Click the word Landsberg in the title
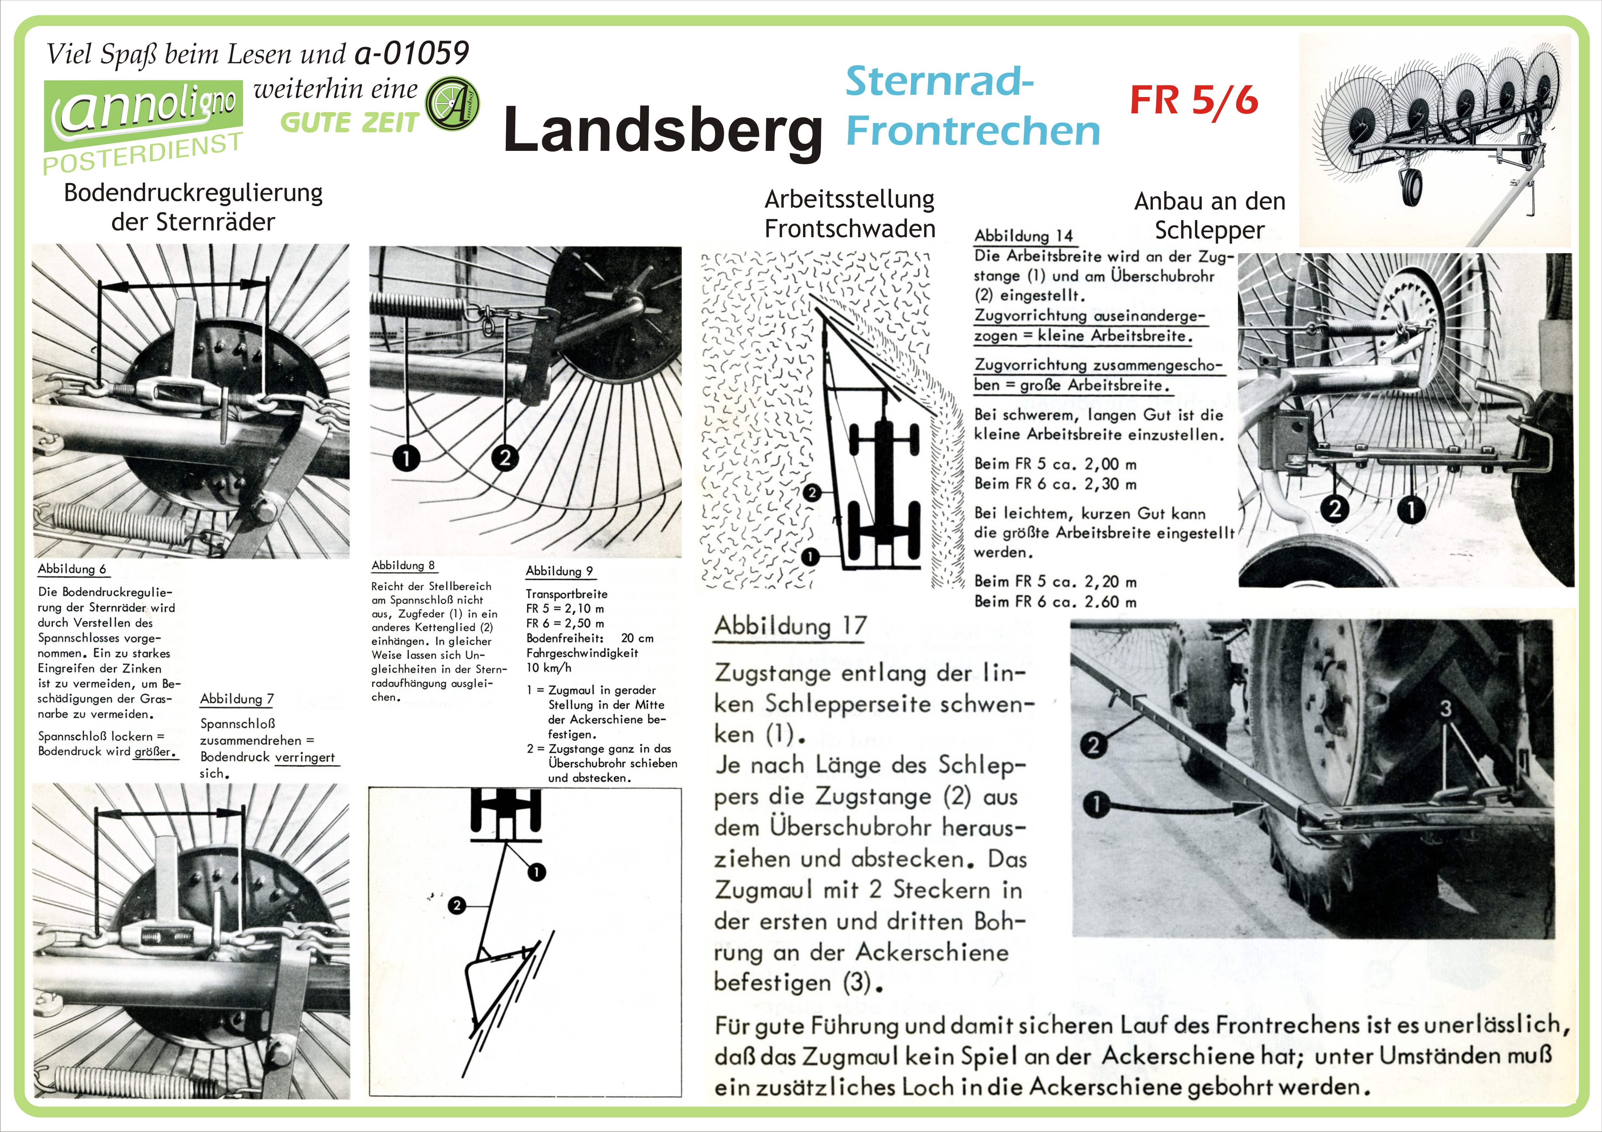[663, 130]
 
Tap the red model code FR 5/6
[1194, 100]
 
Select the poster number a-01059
[412, 53]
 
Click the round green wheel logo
[452, 104]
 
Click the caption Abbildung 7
[237, 699]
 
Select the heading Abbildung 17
[790, 626]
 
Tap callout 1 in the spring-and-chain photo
[406, 458]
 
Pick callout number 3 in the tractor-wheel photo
[1446, 709]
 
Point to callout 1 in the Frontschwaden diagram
[809, 557]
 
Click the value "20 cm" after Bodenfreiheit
[637, 638]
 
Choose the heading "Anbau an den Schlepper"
[1209, 215]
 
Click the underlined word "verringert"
[305, 758]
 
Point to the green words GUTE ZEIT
[349, 123]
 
